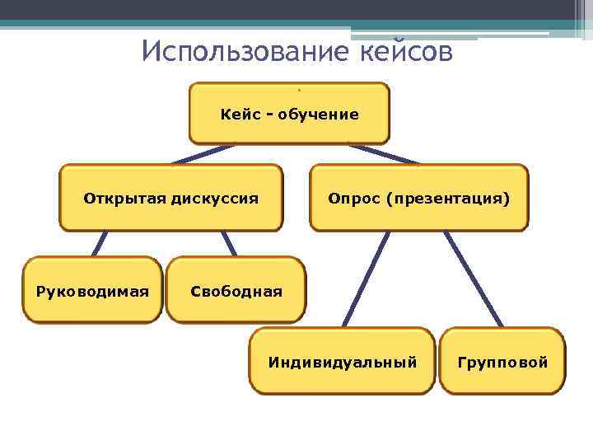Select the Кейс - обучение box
[x=289, y=114]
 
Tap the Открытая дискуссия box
[x=171, y=198]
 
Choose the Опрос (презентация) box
[x=418, y=198]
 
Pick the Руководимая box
[x=92, y=290]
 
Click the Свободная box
[x=236, y=290]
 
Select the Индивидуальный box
[x=343, y=361]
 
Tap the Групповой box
[x=502, y=361]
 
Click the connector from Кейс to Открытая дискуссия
[x=202, y=154]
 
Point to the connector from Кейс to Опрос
[x=383, y=154]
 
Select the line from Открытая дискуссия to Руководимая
[x=100, y=242]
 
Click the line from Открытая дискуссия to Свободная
[x=228, y=242]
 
